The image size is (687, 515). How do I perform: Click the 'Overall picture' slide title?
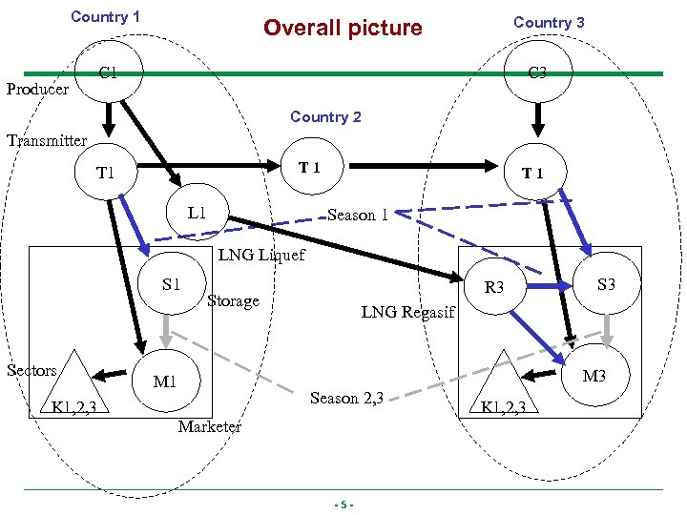tap(343, 28)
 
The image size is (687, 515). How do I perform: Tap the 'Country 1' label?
tap(105, 17)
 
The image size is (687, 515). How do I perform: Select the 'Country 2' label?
tap(325, 116)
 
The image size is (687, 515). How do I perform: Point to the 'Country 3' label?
tap(549, 22)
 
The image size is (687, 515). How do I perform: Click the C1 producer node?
tap(109, 72)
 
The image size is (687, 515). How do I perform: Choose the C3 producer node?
tap(538, 72)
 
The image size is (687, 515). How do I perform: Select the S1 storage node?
tap(172, 283)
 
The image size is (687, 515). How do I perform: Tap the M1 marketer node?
tap(165, 381)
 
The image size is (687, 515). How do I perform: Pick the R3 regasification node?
tap(494, 286)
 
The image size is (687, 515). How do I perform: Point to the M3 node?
tap(593, 376)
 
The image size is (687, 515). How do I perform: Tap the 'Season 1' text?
tap(357, 215)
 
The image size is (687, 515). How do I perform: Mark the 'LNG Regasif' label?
tap(409, 311)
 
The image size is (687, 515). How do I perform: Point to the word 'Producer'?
tap(37, 90)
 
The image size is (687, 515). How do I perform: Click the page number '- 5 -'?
tap(343, 505)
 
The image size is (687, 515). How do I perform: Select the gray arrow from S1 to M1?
tap(166, 330)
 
